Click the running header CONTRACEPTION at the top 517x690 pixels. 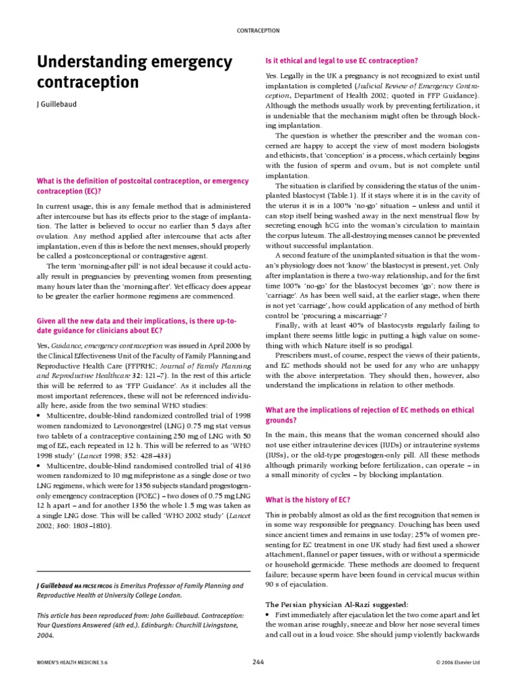click(x=258, y=30)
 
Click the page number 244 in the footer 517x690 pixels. click(x=258, y=662)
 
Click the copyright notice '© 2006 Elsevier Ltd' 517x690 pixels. click(x=458, y=663)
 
